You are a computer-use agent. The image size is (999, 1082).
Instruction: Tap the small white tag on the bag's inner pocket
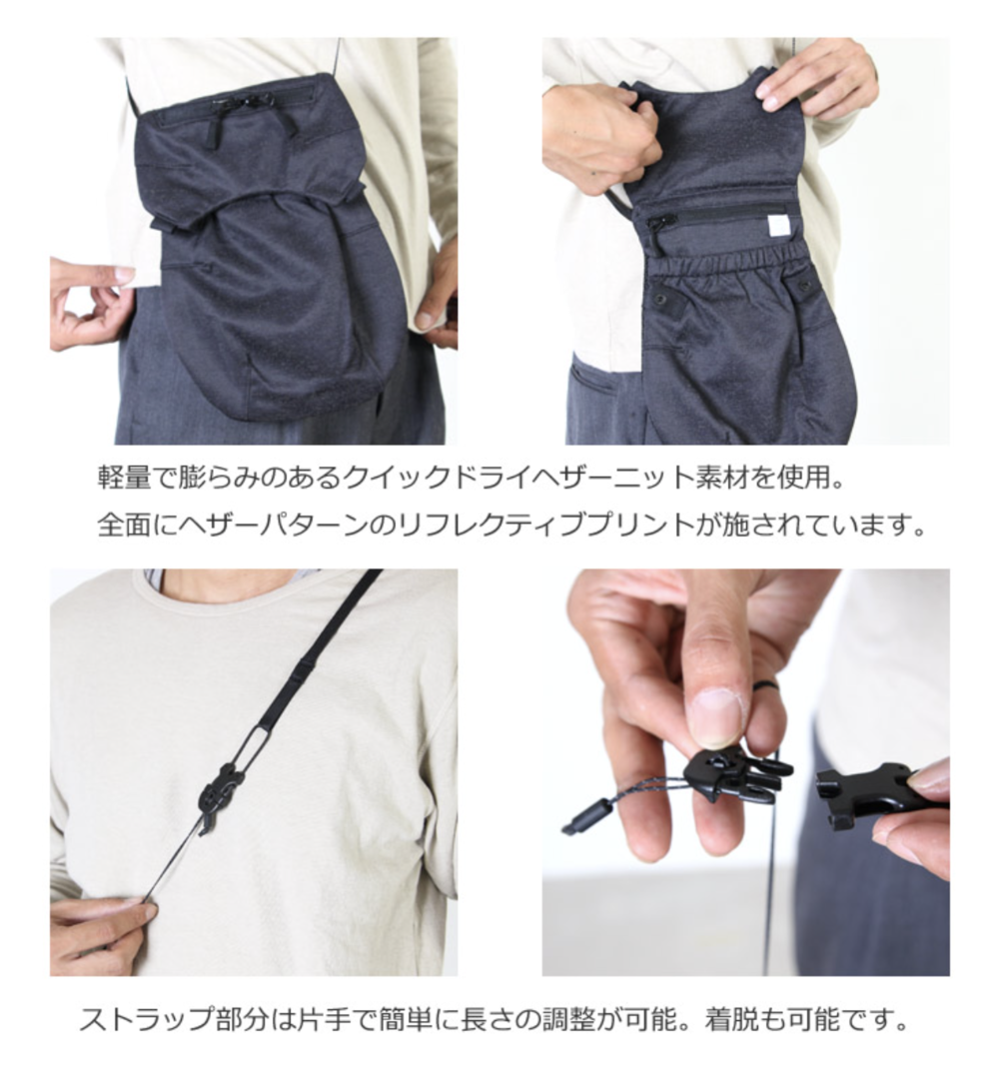pos(774,226)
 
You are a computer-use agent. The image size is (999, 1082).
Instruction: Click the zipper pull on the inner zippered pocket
pos(661,224)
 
